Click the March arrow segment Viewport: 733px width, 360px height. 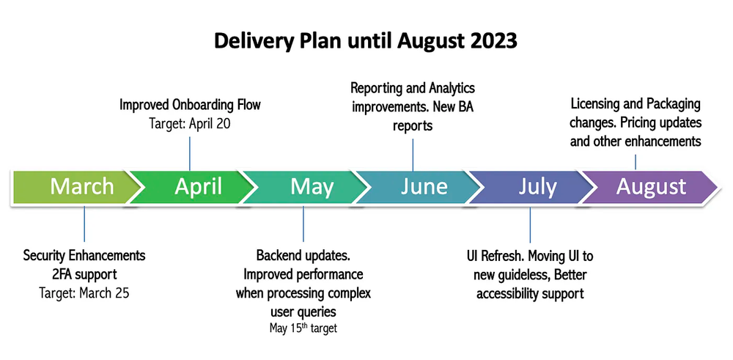coord(73,187)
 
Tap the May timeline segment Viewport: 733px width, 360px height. coord(308,187)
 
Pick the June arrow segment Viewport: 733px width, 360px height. coord(421,187)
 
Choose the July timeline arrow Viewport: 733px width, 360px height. coord(535,187)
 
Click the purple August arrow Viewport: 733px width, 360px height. coord(649,187)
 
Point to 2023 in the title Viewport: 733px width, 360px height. coord(490,41)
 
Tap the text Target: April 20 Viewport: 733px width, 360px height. coord(190,124)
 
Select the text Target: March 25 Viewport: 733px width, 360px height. coord(84,293)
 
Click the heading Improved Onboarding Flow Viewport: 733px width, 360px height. coord(190,106)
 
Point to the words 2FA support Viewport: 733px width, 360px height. coord(84,274)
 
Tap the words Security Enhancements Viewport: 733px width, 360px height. coord(84,256)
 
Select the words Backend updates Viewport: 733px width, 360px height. coord(303,256)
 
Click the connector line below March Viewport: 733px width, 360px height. coord(84,224)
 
